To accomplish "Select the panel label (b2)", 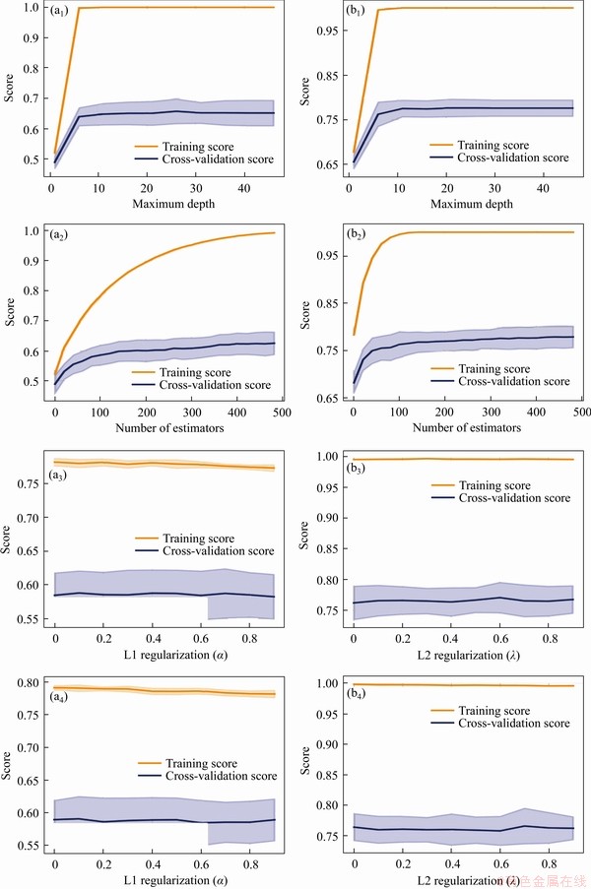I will click(360, 237).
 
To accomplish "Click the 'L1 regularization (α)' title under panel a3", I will click(164, 655).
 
